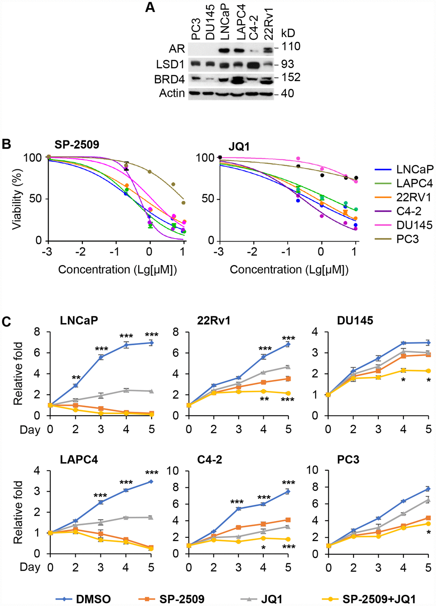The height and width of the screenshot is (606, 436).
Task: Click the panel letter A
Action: coord(150,7)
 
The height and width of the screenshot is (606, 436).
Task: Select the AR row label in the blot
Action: coord(177,49)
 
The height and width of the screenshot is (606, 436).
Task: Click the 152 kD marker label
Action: coord(291,77)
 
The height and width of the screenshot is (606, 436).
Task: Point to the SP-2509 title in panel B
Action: coord(77,145)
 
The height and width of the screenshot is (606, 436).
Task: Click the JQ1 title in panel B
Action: coord(239,146)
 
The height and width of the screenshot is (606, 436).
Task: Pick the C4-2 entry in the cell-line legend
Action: coord(409,211)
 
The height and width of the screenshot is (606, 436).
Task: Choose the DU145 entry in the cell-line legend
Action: coord(414,225)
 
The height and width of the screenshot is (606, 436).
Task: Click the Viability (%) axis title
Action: coord(17,199)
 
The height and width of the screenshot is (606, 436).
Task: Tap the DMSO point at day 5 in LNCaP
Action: coord(151,343)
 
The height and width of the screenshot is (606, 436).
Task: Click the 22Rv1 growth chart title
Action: coord(214,320)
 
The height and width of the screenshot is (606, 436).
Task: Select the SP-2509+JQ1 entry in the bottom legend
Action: coord(379,599)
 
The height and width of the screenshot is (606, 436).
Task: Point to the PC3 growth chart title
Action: coord(348,460)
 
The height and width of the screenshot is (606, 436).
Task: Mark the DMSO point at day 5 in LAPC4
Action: coord(151,481)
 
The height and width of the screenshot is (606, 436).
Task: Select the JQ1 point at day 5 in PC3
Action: coord(428,499)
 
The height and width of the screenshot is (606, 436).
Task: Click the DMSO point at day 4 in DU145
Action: coord(403,343)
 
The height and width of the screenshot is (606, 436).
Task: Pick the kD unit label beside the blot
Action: coord(288,33)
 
